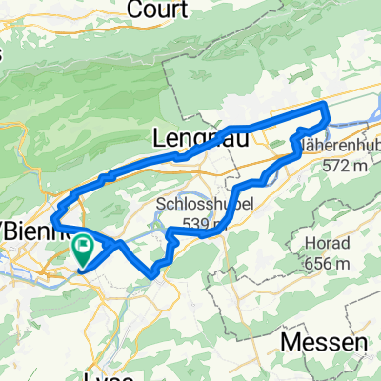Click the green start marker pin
pos(84,250)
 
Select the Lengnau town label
pos(196,139)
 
